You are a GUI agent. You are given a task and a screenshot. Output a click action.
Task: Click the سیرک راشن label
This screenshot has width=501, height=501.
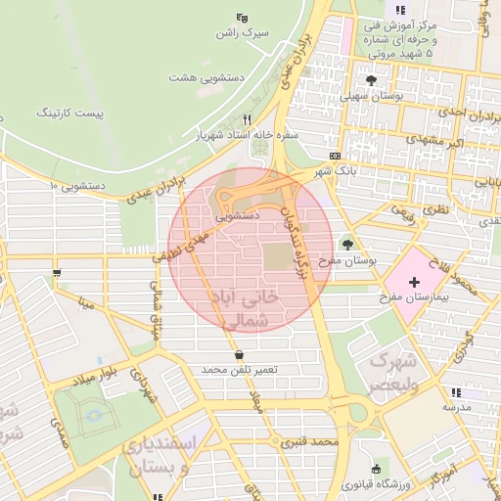tap(243, 33)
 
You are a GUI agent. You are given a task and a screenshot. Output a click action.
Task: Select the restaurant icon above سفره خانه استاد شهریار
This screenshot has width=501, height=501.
tap(247, 118)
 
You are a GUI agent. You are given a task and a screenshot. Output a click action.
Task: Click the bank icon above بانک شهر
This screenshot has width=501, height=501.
tap(336, 157)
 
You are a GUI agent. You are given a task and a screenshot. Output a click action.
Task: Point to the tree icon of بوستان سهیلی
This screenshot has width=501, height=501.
tap(370, 80)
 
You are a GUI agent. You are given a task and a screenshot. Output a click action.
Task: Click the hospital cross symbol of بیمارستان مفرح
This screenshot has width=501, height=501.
tap(413, 281)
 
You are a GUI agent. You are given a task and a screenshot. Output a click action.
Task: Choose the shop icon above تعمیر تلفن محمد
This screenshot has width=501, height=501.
tap(240, 354)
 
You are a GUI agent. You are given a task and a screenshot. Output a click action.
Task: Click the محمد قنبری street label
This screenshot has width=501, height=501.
tap(309, 441)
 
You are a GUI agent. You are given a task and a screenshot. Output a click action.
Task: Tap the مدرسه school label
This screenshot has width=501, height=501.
tap(457, 405)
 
